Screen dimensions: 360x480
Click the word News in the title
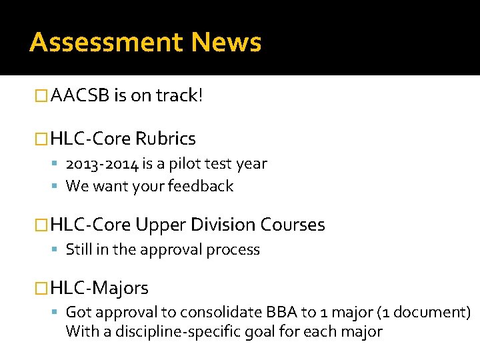click(x=225, y=43)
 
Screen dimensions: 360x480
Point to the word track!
click(x=179, y=96)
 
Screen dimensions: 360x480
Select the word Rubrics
click(x=165, y=139)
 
